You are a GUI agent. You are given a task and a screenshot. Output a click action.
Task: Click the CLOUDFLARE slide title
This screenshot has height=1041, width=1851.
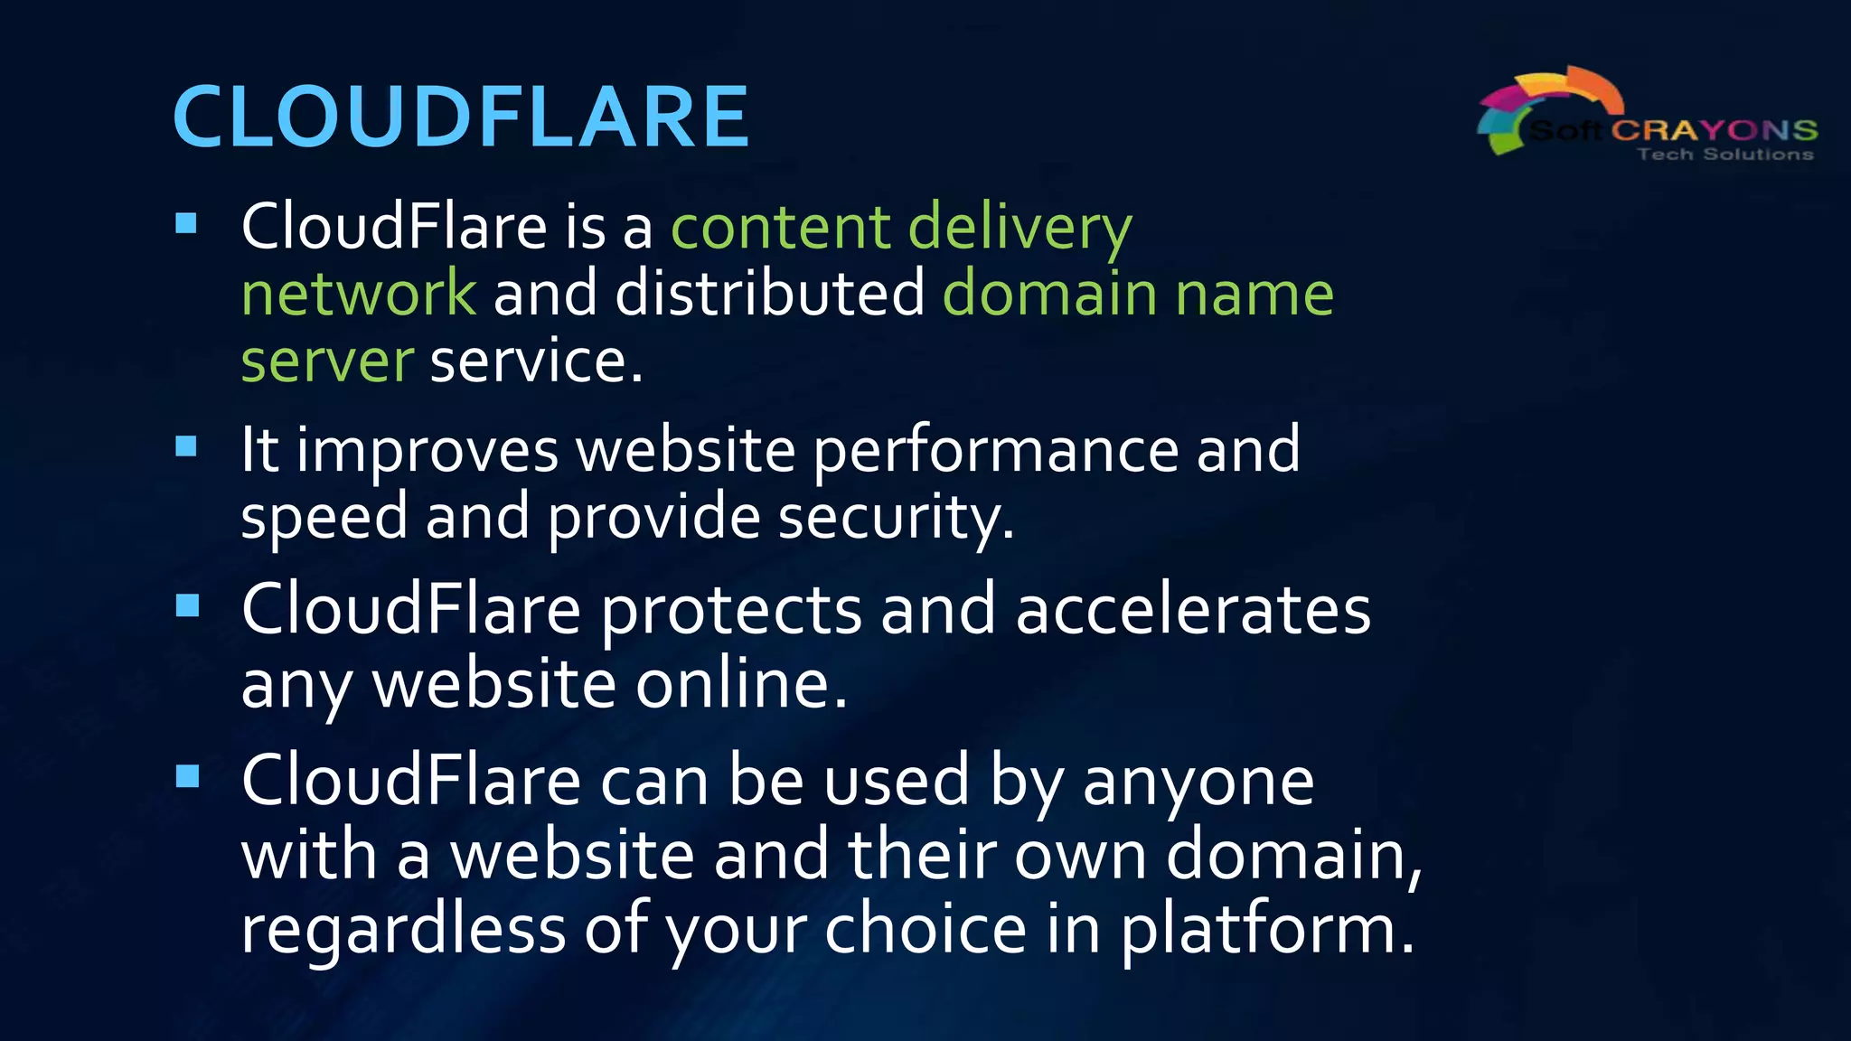tap(460, 117)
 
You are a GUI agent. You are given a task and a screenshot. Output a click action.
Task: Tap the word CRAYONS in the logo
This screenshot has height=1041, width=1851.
tap(1715, 130)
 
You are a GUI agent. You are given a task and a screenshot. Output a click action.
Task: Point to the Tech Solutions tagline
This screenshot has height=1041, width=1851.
tap(1724, 155)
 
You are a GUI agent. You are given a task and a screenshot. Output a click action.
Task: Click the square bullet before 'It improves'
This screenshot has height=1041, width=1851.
tap(187, 445)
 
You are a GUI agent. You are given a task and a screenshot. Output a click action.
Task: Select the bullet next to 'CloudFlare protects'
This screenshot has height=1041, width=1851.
tap(187, 605)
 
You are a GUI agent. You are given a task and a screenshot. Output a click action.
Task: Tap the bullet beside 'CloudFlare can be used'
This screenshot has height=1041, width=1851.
tap(187, 775)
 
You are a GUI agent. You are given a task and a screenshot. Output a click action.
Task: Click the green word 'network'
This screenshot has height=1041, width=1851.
tap(358, 294)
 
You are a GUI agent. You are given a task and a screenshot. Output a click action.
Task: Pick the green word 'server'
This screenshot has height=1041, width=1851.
tap(327, 361)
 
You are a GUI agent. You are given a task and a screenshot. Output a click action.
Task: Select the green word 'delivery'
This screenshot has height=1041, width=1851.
tap(1019, 228)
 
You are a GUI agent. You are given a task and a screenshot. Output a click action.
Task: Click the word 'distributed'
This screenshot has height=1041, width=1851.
tap(770, 294)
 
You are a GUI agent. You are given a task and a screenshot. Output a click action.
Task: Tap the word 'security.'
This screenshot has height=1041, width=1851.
tap(896, 519)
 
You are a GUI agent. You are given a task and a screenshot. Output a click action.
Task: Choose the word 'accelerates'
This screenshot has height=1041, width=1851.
tap(1193, 610)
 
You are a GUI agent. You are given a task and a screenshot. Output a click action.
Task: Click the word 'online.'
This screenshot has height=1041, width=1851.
tap(741, 684)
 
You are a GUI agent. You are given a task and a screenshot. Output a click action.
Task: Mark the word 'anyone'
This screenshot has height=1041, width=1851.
tap(1198, 782)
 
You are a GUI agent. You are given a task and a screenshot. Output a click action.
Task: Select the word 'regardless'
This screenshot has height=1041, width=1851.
tap(403, 929)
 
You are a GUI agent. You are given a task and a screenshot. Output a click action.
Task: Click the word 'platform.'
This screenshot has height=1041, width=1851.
tap(1267, 931)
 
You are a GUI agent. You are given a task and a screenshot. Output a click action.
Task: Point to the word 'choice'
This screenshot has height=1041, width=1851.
tap(925, 929)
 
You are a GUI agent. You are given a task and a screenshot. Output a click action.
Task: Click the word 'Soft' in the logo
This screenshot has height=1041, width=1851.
tap(1565, 131)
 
